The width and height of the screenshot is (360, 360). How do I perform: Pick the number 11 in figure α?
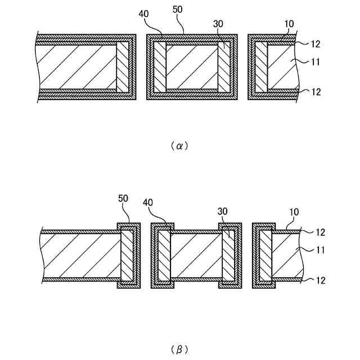315,62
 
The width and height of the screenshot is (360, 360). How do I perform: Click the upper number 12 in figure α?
316,43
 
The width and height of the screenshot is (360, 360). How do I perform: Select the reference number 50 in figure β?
124,199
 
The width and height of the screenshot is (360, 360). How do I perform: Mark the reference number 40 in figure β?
148,202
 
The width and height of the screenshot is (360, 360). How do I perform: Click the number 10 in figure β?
295,212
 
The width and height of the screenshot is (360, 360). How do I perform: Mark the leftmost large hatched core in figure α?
76,67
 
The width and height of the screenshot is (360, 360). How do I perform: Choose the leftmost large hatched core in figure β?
82,256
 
